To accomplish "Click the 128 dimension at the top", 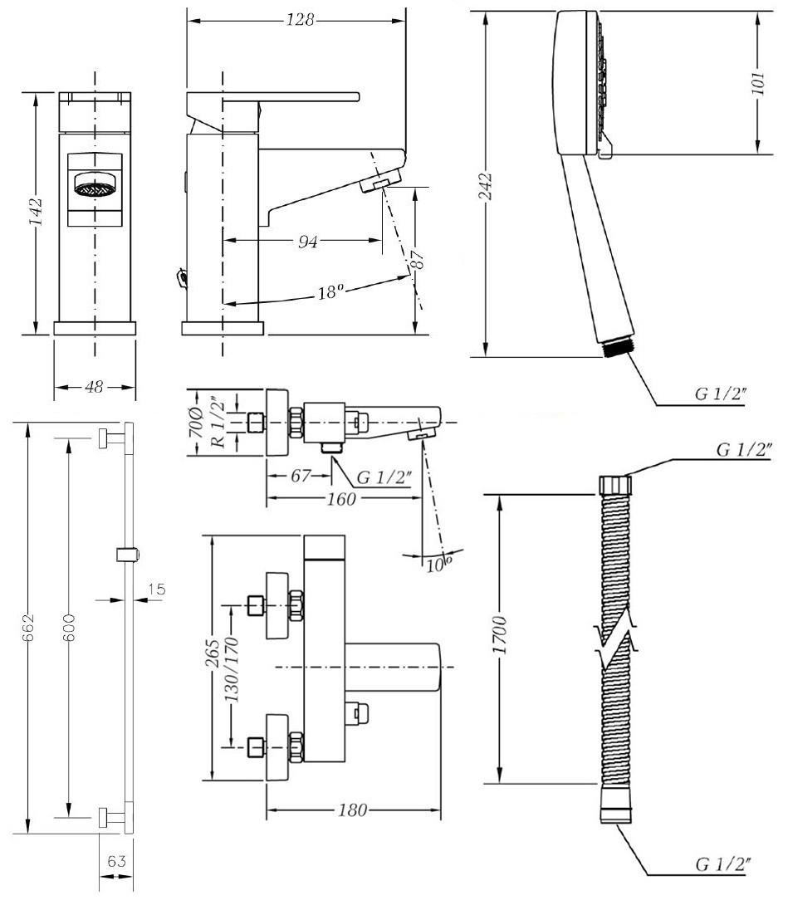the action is [x=301, y=20].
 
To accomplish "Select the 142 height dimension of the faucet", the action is [x=36, y=212].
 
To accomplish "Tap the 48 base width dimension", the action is [x=94, y=387].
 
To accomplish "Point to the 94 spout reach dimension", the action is [x=308, y=242].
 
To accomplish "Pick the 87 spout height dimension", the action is [x=418, y=258].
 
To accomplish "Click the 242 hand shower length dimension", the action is [x=487, y=186].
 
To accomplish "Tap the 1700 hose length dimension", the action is [x=500, y=635].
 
